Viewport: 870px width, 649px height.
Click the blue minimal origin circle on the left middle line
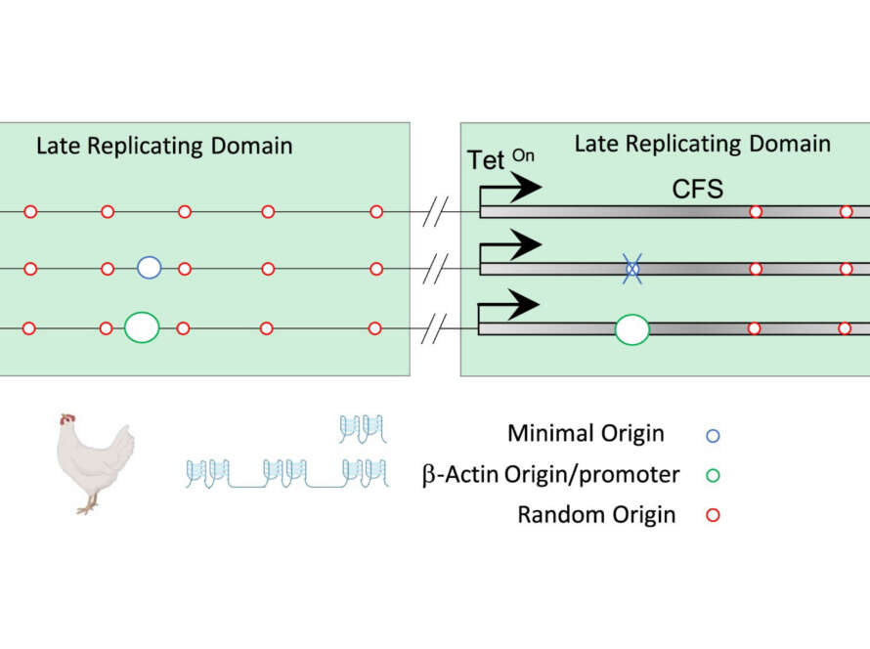coord(149,267)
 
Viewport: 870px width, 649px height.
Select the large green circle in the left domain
coord(142,326)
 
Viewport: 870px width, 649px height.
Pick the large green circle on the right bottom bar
coord(631,328)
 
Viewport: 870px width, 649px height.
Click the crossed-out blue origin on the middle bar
coord(632,267)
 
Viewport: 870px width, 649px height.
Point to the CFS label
coord(697,189)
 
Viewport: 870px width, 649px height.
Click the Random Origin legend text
coord(596,514)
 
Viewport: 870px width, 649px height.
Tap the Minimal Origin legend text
coord(586,433)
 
